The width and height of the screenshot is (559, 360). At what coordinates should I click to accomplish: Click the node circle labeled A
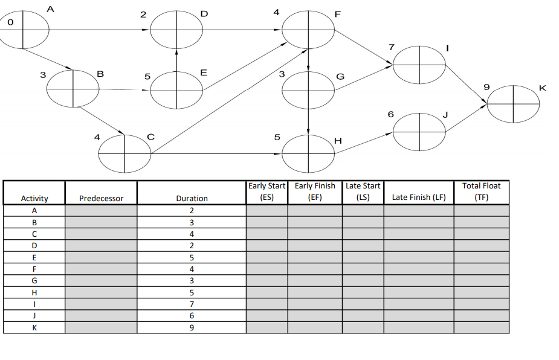(x=24, y=28)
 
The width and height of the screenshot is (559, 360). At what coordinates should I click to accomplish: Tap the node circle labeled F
(x=309, y=30)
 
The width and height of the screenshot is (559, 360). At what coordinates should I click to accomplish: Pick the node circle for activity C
(x=125, y=153)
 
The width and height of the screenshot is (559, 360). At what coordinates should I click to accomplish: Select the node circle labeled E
(x=176, y=90)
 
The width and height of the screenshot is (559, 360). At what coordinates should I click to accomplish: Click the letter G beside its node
(x=340, y=77)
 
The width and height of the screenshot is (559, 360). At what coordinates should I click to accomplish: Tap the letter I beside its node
(x=447, y=47)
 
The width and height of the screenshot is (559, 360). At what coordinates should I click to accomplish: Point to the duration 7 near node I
(x=392, y=47)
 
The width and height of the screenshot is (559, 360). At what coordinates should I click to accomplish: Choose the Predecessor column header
(x=101, y=198)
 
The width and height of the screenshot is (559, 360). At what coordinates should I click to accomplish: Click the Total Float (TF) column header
(x=481, y=191)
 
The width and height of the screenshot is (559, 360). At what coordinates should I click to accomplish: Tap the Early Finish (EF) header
(x=314, y=191)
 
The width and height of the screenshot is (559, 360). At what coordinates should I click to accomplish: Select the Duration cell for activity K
(x=192, y=328)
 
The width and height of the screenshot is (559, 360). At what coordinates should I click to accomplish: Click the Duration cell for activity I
(x=192, y=304)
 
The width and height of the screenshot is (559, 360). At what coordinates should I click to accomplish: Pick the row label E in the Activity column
(x=34, y=257)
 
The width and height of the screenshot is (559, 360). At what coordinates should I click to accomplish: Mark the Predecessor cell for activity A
(x=101, y=211)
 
